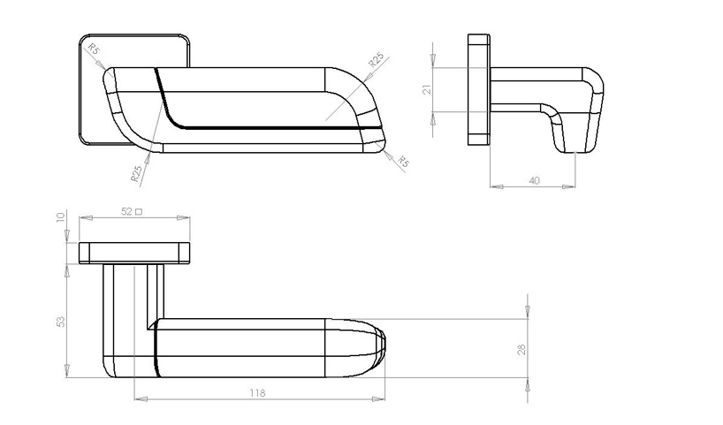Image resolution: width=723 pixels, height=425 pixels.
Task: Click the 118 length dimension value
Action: (257, 392)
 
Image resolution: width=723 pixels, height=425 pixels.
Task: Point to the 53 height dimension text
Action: (60, 321)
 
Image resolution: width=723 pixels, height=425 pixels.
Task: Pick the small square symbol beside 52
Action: (139, 212)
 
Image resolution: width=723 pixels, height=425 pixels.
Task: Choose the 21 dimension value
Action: (426, 89)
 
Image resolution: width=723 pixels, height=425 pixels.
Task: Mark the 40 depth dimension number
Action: (533, 180)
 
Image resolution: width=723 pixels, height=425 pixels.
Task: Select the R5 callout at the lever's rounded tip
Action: (402, 162)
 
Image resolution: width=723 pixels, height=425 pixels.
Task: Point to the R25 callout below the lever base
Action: (137, 172)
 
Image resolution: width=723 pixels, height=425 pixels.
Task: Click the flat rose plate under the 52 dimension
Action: (134, 253)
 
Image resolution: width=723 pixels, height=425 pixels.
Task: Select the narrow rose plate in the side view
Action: (478, 89)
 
